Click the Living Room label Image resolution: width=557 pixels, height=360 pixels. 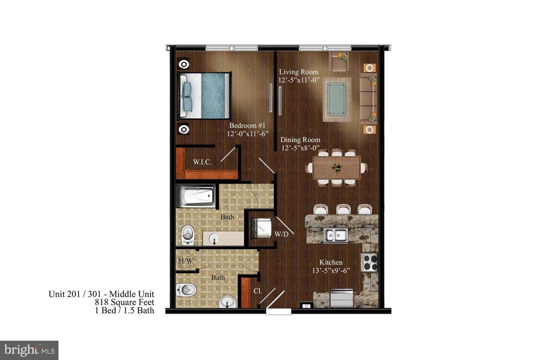coord(299,72)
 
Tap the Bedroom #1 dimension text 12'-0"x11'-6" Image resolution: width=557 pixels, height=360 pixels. coord(247,134)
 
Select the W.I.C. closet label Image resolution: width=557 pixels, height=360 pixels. coord(202,162)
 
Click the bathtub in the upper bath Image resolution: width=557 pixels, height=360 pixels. coord(195,196)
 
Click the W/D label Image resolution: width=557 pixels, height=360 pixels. coord(281,234)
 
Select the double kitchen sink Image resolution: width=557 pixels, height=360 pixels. coord(336,235)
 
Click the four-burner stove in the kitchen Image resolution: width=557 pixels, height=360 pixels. coord(369,262)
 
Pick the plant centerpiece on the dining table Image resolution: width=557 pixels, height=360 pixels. coord(336,167)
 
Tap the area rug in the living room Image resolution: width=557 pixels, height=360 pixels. coord(336,100)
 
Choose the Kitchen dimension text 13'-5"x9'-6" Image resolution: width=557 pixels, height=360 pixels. coord(331,270)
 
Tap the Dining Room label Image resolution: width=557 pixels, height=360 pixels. coord(300,140)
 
